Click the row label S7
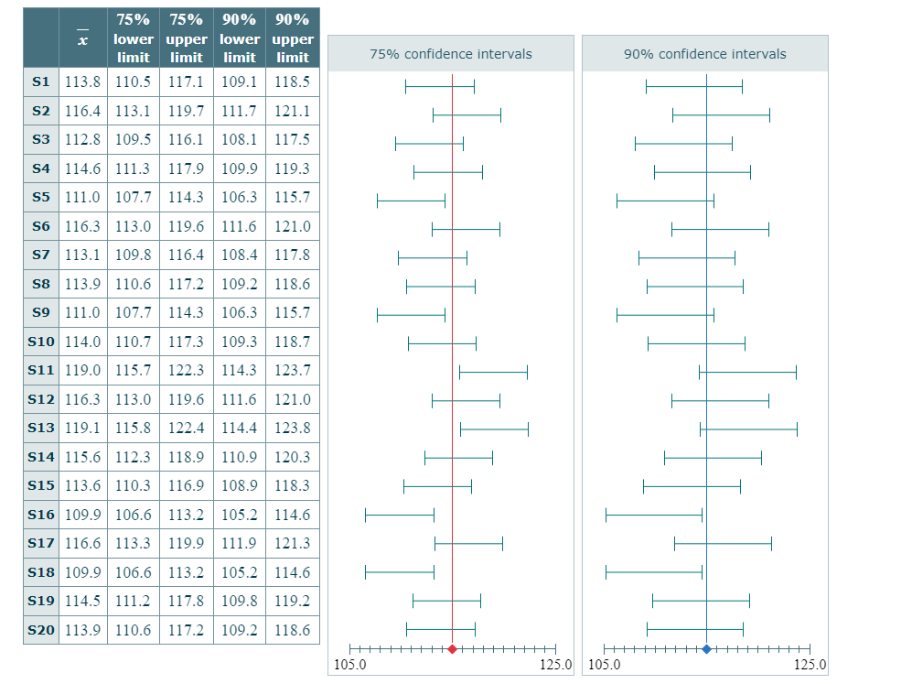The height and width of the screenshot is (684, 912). (40, 255)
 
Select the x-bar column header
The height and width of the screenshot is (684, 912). (83, 38)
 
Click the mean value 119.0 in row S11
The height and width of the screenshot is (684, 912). (83, 371)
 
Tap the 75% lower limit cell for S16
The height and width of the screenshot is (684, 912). (134, 515)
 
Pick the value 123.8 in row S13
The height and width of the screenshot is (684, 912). (293, 428)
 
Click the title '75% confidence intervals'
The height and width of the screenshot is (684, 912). (451, 54)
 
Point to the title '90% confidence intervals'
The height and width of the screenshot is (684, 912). (705, 54)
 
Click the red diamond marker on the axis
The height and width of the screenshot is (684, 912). (452, 649)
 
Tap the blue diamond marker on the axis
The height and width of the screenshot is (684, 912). (706, 649)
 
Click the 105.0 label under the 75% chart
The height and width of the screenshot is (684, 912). (350, 665)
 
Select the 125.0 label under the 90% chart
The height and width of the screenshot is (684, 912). (810, 665)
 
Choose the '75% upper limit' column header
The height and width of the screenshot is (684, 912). (187, 38)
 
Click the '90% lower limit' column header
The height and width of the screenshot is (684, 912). (240, 38)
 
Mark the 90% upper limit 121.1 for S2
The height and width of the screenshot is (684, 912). (293, 111)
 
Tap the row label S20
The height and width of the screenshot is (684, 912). (40, 630)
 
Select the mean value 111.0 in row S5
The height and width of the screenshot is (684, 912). (83, 197)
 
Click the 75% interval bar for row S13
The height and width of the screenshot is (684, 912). (494, 429)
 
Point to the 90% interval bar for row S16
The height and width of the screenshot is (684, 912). (654, 515)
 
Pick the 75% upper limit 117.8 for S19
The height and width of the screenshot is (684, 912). (187, 601)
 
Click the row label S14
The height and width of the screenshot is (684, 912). (40, 457)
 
